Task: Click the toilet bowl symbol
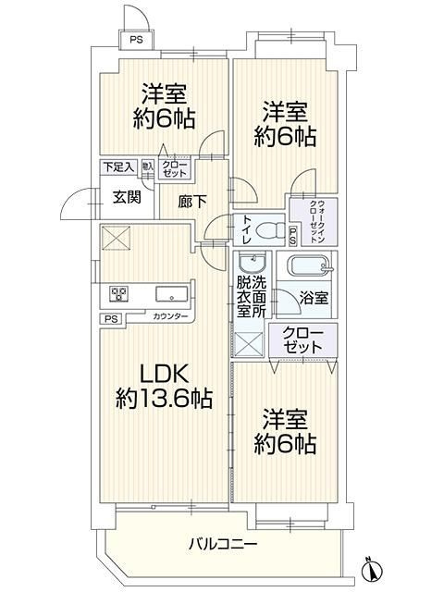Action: pyautogui.click(x=270, y=228)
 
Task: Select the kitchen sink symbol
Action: pyautogui.click(x=173, y=295)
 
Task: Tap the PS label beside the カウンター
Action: pyautogui.click(x=112, y=318)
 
